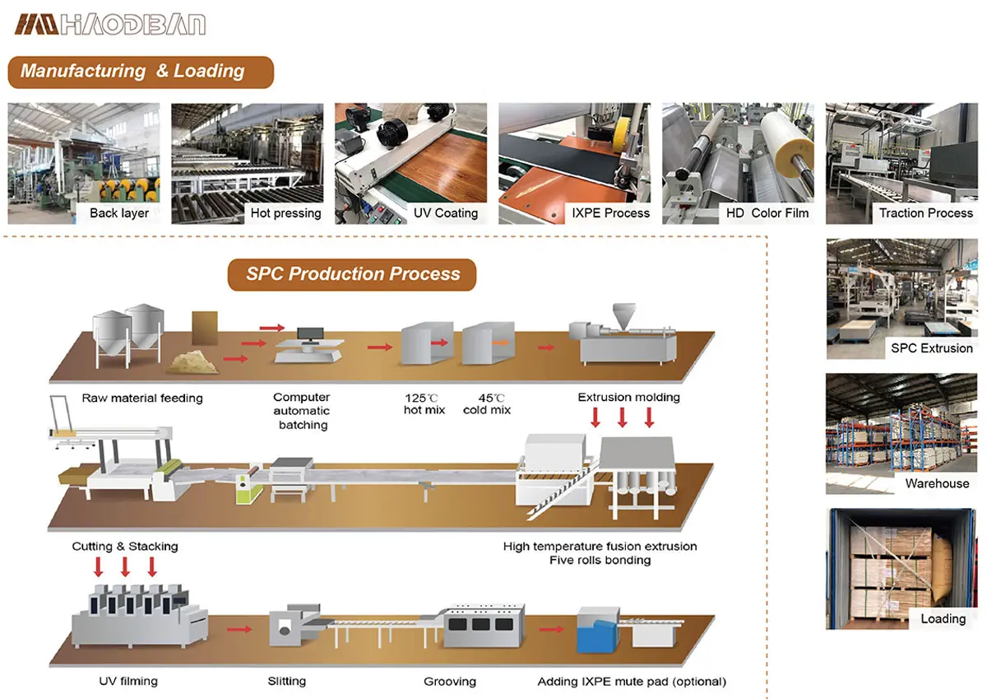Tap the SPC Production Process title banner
[x=352, y=274]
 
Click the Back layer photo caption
[x=119, y=213]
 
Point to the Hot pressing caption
[x=285, y=213]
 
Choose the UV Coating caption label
[x=445, y=213]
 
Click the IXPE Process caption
[x=610, y=213]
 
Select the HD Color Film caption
[x=767, y=213]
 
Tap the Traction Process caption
[x=925, y=213]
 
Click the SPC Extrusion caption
[x=931, y=348]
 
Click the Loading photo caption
[x=943, y=618]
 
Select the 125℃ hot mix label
[x=424, y=403]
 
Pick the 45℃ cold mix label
[x=487, y=403]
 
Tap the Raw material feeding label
[x=141, y=398]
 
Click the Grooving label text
[x=450, y=681]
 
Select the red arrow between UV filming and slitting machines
[x=239, y=630]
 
